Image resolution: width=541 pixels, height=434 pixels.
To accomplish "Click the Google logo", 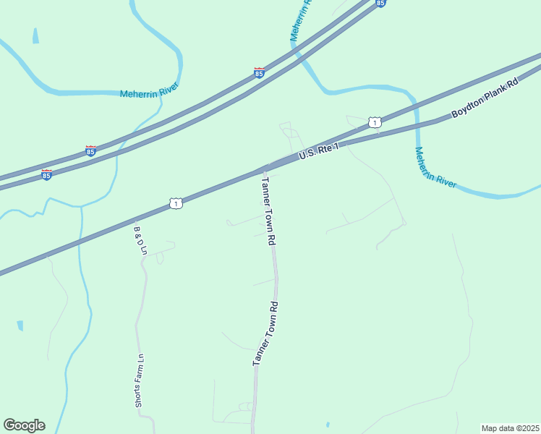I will pyautogui.click(x=24, y=425).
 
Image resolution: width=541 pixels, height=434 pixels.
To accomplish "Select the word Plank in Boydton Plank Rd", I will pyautogui.click(x=497, y=93).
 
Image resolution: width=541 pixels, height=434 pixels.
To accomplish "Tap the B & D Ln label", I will pyautogui.click(x=140, y=240).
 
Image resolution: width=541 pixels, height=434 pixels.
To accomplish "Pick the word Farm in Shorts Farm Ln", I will pyautogui.click(x=141, y=366).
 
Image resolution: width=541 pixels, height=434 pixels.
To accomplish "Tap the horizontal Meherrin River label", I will pyautogui.click(x=148, y=93).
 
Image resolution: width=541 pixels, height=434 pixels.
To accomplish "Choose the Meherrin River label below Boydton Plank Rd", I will pyautogui.click(x=435, y=168).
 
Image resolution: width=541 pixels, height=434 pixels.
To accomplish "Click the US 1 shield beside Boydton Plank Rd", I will pyautogui.click(x=374, y=122).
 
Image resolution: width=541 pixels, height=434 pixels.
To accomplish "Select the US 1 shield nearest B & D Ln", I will pyautogui.click(x=176, y=204).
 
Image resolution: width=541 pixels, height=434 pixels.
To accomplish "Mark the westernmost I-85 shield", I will pyautogui.click(x=46, y=175).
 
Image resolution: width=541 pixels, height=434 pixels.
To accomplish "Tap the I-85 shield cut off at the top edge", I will pyautogui.click(x=380, y=3).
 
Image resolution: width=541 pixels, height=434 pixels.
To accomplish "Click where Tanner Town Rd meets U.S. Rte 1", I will pyautogui.click(x=263, y=171).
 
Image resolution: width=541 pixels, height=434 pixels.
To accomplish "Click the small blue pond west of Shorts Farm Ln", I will pyautogui.click(x=20, y=325).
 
